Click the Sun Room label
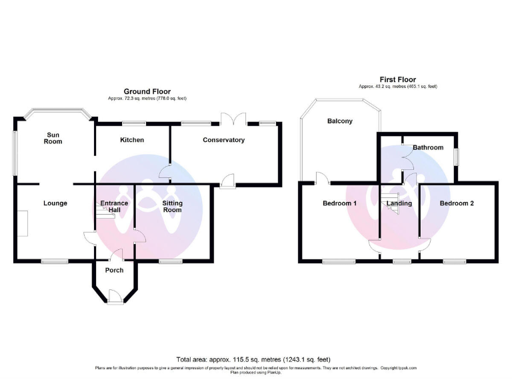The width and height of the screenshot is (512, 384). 53,138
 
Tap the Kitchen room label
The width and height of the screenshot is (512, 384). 132,140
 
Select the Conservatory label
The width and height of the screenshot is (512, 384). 223,140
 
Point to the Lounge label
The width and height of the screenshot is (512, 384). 55,203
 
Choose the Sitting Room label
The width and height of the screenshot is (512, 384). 173,206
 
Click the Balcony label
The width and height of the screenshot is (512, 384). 340,121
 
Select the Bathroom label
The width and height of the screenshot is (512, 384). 427,147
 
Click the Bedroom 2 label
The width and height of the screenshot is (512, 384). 457,203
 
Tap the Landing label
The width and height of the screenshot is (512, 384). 399,203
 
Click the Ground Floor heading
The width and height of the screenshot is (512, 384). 147,91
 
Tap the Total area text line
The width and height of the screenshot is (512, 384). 253,359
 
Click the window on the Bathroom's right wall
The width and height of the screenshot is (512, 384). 457,154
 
